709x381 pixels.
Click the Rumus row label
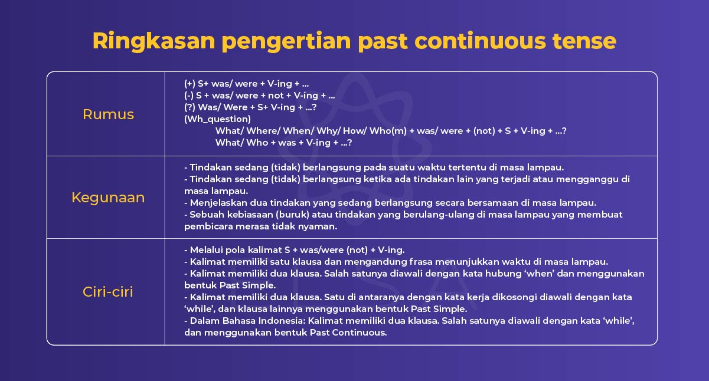click(108, 114)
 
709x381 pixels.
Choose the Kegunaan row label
click(108, 198)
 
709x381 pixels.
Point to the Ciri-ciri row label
click(108, 291)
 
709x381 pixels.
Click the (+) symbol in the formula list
click(189, 84)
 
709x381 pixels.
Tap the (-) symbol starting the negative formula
click(189, 96)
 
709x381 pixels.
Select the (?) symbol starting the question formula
click(189, 107)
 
